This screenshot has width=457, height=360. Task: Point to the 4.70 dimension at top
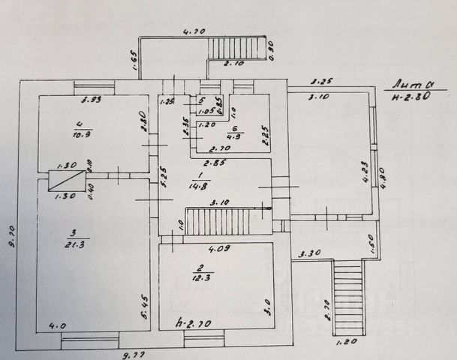(x=194, y=32)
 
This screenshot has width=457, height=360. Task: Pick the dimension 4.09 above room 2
(x=219, y=248)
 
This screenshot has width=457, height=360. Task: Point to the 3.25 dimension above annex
(x=322, y=80)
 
